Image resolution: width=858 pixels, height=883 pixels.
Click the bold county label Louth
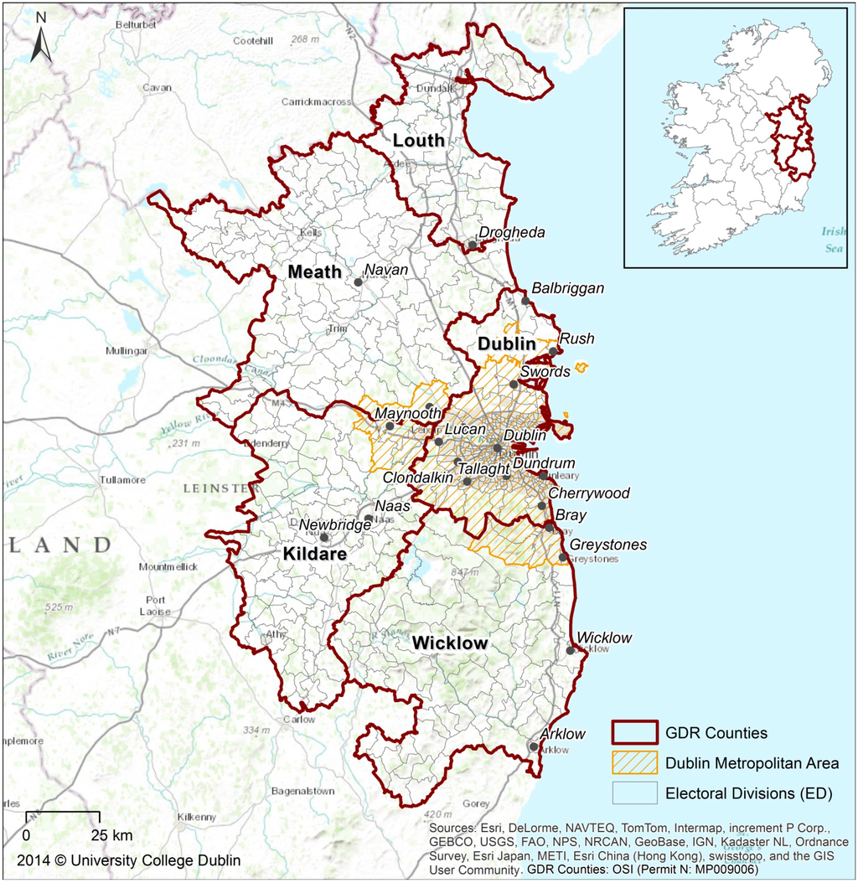coord(419,141)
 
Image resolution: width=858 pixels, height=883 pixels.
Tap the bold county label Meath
coord(314,272)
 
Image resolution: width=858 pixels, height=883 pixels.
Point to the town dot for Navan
coord(359,282)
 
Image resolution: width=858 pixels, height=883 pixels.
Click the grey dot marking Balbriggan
coord(526,301)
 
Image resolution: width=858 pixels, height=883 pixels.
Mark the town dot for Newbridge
coord(324,538)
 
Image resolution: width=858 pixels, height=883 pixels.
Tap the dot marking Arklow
coord(534,745)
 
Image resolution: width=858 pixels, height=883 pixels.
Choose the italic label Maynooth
coord(407,413)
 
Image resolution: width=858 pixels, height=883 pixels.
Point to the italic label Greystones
coord(608,545)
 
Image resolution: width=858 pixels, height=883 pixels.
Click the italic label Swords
coord(545,371)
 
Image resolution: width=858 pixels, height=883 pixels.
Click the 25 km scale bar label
coord(111,835)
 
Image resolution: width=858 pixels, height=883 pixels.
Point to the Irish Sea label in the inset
coord(834,238)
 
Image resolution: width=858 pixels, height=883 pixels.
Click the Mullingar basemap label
coord(126,351)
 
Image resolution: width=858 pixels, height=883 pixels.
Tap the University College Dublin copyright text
coord(126,860)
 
